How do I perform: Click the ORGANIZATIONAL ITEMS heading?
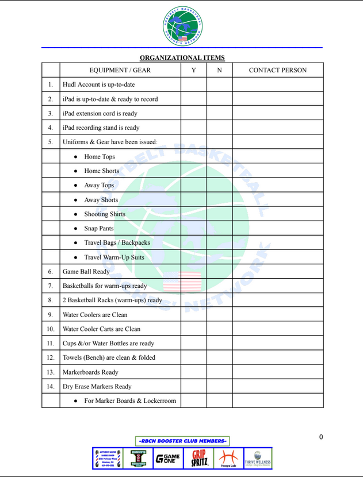point(182,57)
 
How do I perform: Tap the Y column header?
point(193,70)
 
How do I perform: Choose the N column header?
point(219,70)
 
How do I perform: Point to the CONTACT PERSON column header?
point(277,70)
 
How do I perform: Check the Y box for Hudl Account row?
point(193,84)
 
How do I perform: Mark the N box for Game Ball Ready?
point(219,271)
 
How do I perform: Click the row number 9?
point(51,314)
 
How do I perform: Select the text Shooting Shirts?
point(105,214)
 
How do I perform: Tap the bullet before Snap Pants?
point(76,229)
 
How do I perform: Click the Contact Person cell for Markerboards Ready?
point(277,372)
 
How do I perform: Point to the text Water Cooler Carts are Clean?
point(101,329)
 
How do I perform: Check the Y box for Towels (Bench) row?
point(193,357)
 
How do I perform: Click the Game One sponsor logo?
point(167,459)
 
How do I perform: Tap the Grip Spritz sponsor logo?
point(198,459)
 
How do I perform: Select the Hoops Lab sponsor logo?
point(228,459)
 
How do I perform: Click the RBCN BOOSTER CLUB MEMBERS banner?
point(182,441)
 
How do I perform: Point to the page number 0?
point(321,437)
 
